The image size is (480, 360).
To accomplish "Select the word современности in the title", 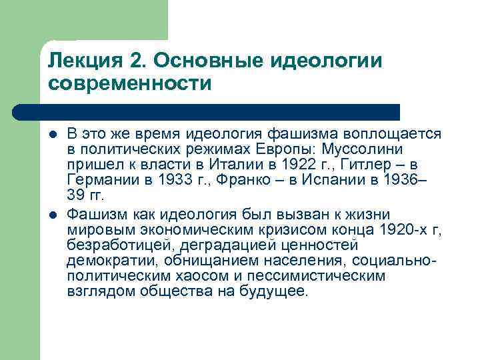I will (x=129, y=84).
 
